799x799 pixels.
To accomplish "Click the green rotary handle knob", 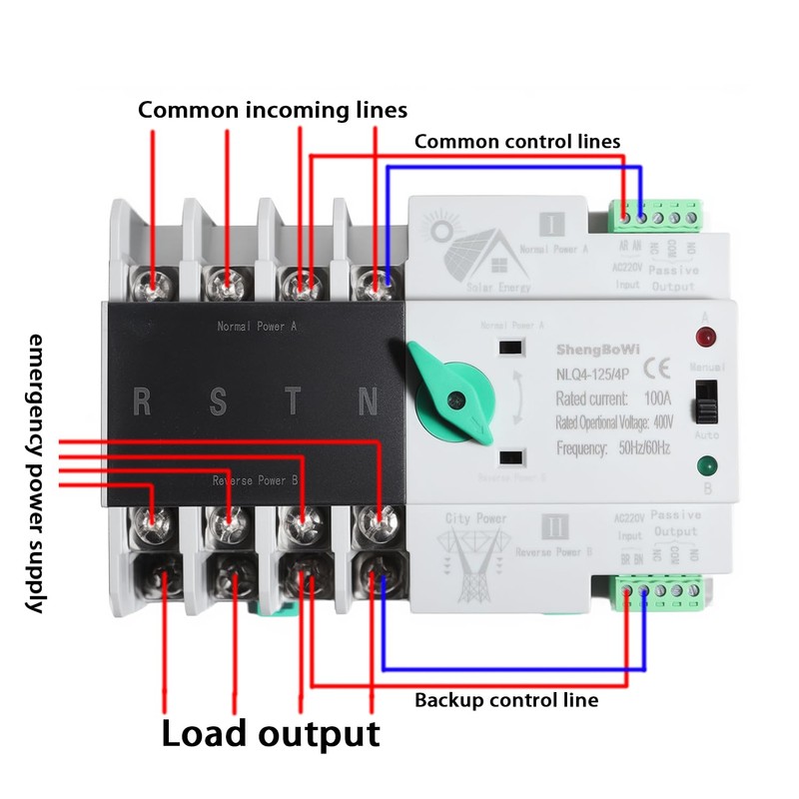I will (454, 392).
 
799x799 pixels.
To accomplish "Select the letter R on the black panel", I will (143, 402).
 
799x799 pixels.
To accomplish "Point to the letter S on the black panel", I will (217, 402).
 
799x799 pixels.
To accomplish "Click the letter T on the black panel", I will (293, 402).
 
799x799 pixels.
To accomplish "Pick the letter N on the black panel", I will (368, 402).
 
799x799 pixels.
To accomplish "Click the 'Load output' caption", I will (271, 734).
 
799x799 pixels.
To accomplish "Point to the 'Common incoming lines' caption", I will (273, 109).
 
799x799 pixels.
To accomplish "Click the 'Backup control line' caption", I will (506, 700).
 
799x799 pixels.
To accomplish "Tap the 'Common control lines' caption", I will (517, 141).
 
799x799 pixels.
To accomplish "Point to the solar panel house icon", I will (479, 250).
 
